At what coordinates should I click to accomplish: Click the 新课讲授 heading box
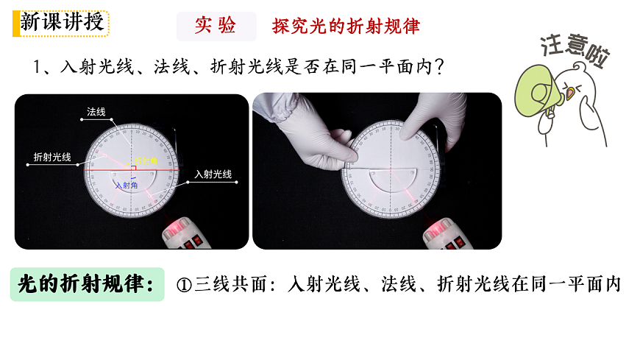point(61,22)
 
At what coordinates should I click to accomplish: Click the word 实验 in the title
point(216,26)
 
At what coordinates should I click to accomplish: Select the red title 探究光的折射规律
point(346,27)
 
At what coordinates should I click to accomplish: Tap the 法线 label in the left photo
point(96,112)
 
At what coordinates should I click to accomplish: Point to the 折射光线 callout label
point(52,157)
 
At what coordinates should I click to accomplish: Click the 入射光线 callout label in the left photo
point(213,174)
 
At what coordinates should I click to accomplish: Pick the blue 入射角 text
point(126,186)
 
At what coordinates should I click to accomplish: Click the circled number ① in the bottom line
point(185,285)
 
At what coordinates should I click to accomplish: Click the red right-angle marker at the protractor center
point(133,169)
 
